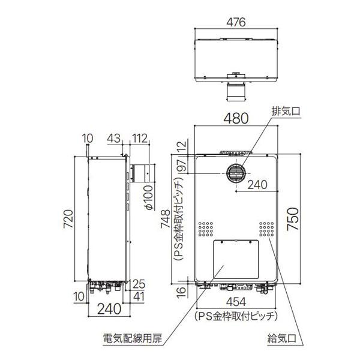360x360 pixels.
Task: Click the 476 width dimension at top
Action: point(236,22)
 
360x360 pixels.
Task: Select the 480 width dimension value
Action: point(236,118)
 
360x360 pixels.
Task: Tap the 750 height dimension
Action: point(293,218)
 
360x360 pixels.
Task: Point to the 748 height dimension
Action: point(166,219)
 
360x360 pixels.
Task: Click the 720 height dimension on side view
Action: point(68,219)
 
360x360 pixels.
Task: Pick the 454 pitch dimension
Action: point(236,302)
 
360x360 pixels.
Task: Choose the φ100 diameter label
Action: point(149,197)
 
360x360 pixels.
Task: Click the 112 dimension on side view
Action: point(139,139)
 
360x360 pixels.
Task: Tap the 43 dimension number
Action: point(114,138)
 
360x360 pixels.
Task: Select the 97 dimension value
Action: point(182,166)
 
